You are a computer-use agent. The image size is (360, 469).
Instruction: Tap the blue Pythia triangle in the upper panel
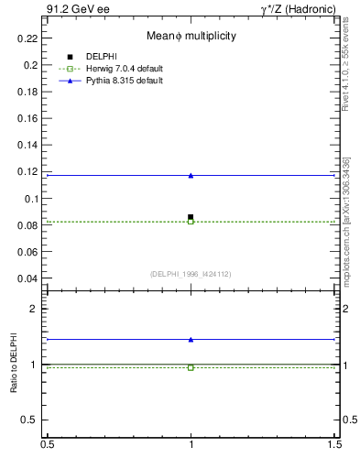(191, 175)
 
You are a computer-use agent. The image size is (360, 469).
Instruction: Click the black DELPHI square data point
(191, 217)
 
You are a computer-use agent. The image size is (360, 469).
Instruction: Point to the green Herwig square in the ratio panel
(191, 367)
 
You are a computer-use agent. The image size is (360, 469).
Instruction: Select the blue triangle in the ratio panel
(191, 339)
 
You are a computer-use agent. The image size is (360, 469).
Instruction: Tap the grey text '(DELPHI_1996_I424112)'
(191, 274)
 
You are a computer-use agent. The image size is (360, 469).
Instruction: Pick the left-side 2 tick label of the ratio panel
(33, 310)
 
